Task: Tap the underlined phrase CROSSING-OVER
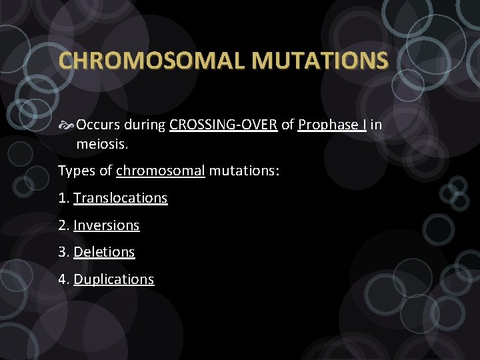pos(223,125)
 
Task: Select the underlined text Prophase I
pos(332,125)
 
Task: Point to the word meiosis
pos(101,144)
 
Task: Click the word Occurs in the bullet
pos(98,125)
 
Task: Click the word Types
pos(76,171)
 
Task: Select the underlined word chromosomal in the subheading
pos(160,171)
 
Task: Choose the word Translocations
pos(121,198)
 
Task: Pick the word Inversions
pos(107,225)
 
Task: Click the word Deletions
pos(104,252)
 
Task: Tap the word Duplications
pos(114,279)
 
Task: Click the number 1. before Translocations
pos(64,198)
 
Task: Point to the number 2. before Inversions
pos(64,225)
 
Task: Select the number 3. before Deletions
pos(64,252)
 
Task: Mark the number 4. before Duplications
pos(64,279)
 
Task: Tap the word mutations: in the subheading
pos(244,171)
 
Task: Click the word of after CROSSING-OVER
pos(287,125)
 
